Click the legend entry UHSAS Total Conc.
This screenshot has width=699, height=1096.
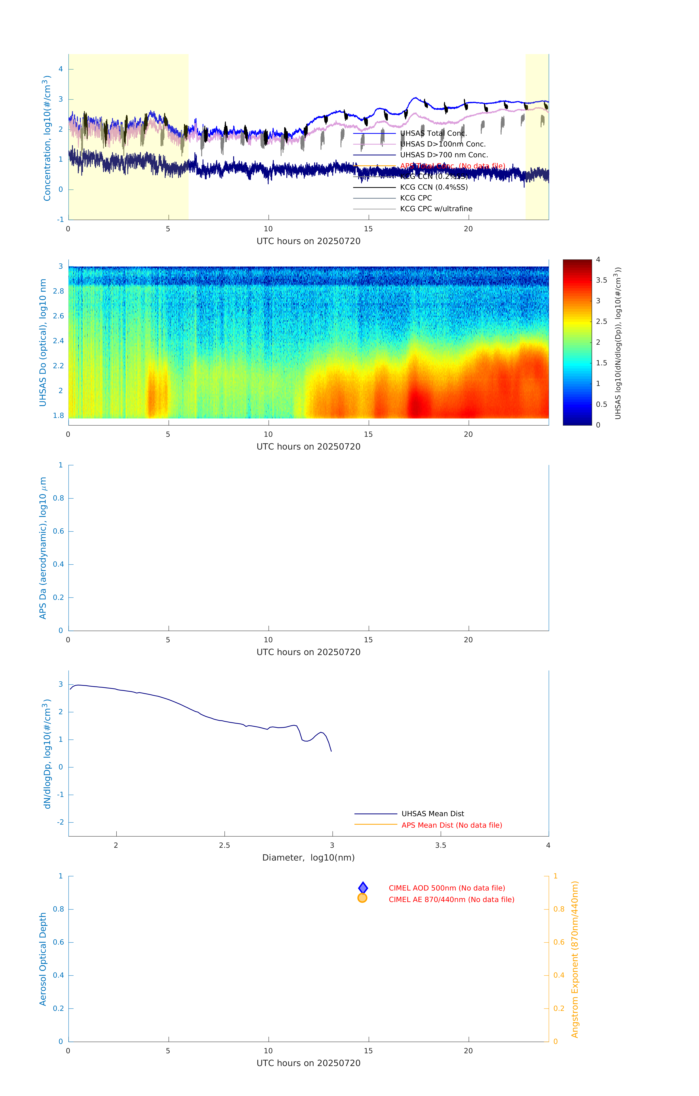(x=433, y=133)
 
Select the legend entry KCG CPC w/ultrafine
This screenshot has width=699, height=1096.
(x=436, y=209)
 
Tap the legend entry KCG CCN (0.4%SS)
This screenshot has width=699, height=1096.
(x=433, y=187)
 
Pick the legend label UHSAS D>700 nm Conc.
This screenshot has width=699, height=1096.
(x=444, y=155)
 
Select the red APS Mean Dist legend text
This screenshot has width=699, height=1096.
(x=451, y=825)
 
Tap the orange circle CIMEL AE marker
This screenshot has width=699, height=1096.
(x=363, y=898)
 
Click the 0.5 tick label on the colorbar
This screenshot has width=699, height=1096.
(x=601, y=404)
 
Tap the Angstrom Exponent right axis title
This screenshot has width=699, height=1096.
(x=575, y=959)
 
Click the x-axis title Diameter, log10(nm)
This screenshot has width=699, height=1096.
(x=308, y=857)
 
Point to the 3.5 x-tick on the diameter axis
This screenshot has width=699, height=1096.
(x=440, y=845)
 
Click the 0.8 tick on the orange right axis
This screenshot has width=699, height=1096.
(x=559, y=909)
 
